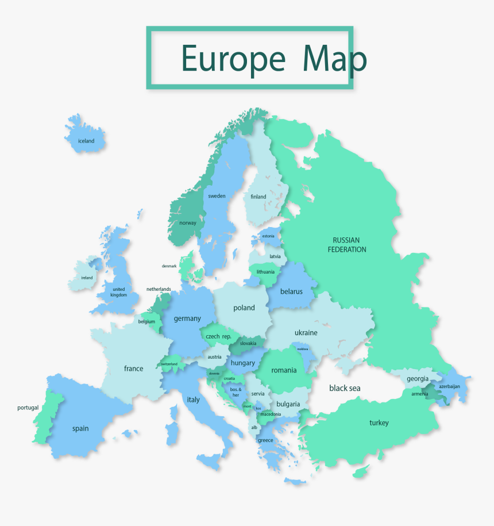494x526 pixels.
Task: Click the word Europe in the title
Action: point(233,58)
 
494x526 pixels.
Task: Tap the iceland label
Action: point(86,141)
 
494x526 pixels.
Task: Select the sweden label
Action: point(217,196)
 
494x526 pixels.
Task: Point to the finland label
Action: point(258,197)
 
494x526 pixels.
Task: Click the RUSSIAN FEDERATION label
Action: point(346,245)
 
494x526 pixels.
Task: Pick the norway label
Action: point(188,223)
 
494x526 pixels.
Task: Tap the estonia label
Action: point(268,236)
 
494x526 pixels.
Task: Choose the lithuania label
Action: point(265,272)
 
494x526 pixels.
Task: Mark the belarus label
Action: point(291,291)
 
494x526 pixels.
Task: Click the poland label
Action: point(244,308)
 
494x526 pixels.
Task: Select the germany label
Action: point(187,318)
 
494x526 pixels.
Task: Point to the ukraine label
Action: point(306,332)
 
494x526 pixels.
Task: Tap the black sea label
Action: point(345,389)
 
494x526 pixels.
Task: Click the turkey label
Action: point(379,423)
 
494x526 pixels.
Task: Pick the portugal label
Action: point(28,408)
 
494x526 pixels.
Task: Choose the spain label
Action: point(80,428)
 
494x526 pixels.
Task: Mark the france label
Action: point(134,368)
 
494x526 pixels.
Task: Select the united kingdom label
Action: point(119,292)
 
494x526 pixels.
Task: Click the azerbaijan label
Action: point(449,386)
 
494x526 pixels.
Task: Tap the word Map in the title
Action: point(334,58)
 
